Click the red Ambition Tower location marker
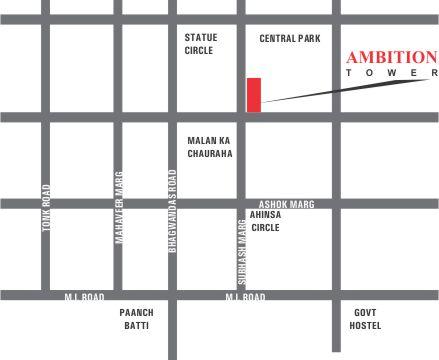click(x=254, y=94)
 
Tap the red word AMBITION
click(x=390, y=58)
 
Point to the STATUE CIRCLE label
click(x=200, y=44)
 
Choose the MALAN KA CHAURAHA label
click(x=210, y=148)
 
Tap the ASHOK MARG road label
click(x=287, y=204)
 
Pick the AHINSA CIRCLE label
click(x=265, y=221)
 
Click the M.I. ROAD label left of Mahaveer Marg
click(x=84, y=297)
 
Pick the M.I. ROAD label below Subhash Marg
click(x=245, y=297)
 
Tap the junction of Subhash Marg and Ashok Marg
click(x=241, y=204)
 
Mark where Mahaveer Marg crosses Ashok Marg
click(x=118, y=204)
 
